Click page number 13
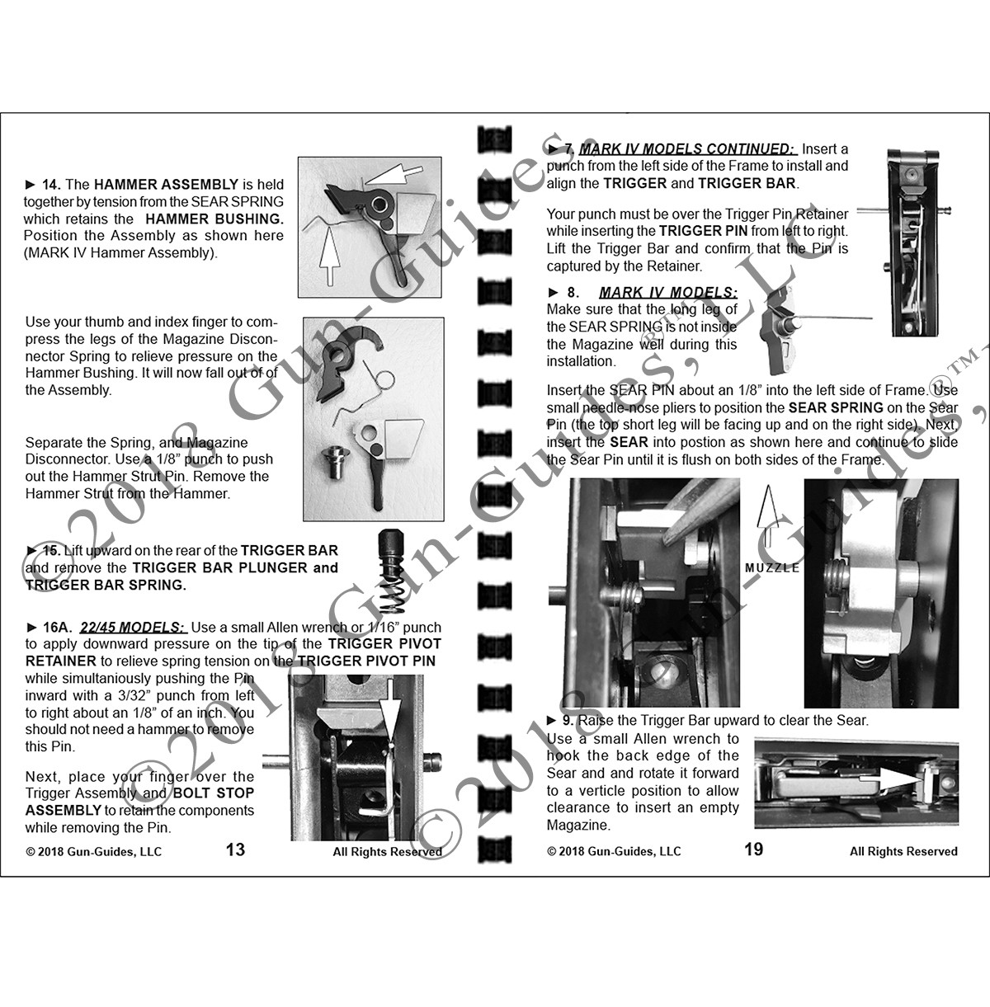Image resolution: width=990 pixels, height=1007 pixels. point(235,849)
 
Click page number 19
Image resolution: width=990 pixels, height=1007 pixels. point(753,849)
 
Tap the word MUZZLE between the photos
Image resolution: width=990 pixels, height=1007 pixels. point(772,568)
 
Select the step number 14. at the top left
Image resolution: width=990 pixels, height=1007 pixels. point(49,184)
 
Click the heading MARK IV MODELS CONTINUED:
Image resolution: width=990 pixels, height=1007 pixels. point(687,148)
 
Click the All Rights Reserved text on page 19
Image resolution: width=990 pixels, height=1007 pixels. point(903,851)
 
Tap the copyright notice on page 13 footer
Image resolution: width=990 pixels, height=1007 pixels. point(93,851)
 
